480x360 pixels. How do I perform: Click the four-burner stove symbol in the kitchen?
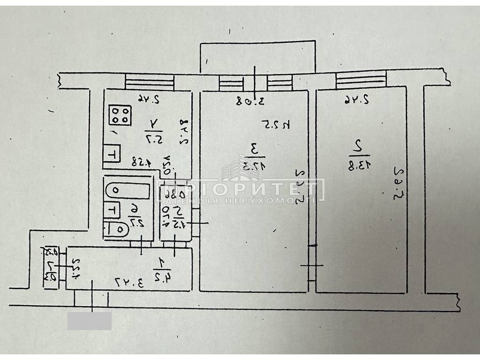click(120, 115)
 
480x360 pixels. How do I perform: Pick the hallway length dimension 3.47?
click(125, 282)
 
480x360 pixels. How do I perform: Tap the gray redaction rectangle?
click(90, 321)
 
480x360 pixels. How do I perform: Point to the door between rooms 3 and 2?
click(312, 262)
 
